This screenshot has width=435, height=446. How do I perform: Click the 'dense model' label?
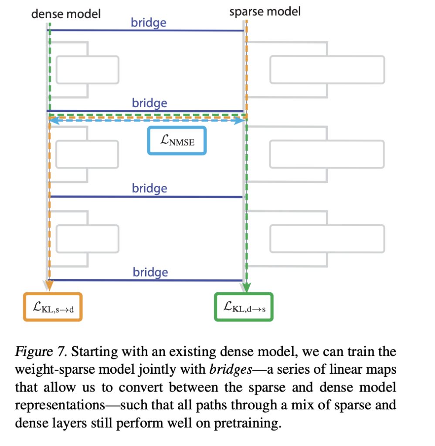click(x=66, y=14)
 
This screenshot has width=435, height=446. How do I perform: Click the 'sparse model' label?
click(x=265, y=11)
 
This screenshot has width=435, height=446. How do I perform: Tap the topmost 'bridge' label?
click(x=149, y=22)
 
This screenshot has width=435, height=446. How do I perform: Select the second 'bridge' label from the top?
click(x=150, y=103)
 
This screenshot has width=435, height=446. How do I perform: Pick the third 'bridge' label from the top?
click(x=150, y=188)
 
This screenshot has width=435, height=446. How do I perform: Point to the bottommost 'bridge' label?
click(x=150, y=272)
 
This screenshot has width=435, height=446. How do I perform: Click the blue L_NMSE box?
click(x=177, y=141)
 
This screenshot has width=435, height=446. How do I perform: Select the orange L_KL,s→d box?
click(x=52, y=307)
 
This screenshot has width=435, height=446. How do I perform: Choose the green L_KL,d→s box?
click(x=244, y=307)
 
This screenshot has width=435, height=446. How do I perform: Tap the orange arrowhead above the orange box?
click(x=49, y=286)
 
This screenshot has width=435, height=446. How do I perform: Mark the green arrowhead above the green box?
click(x=247, y=287)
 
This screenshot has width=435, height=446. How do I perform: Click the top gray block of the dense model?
click(x=87, y=70)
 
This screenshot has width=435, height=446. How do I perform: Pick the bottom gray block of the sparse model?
click(x=327, y=238)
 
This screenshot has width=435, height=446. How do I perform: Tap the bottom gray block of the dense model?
click(x=87, y=238)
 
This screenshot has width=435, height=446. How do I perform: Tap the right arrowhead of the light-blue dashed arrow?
click(x=240, y=121)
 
